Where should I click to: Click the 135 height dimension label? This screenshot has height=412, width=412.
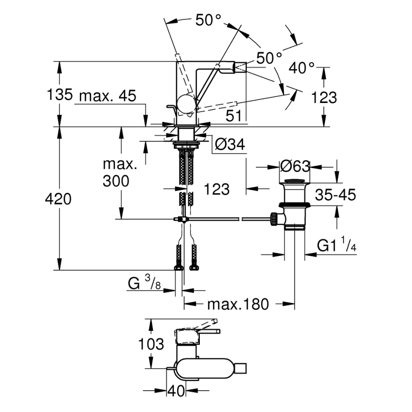tap(59, 95)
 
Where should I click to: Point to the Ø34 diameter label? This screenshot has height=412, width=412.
tap(230, 145)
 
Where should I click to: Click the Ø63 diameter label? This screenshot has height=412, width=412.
tap(295, 166)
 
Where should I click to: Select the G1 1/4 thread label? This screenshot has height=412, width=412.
tap(337, 245)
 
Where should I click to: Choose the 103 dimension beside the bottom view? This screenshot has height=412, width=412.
tap(152, 344)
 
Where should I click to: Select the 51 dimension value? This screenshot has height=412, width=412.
tap(233, 115)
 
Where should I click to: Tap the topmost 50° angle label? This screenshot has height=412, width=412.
tap(208, 19)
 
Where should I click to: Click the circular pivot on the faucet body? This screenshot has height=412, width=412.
tap(186, 103)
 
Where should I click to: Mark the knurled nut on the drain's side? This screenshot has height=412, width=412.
tap(274, 218)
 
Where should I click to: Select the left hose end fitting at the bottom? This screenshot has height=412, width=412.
tap(179, 268)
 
